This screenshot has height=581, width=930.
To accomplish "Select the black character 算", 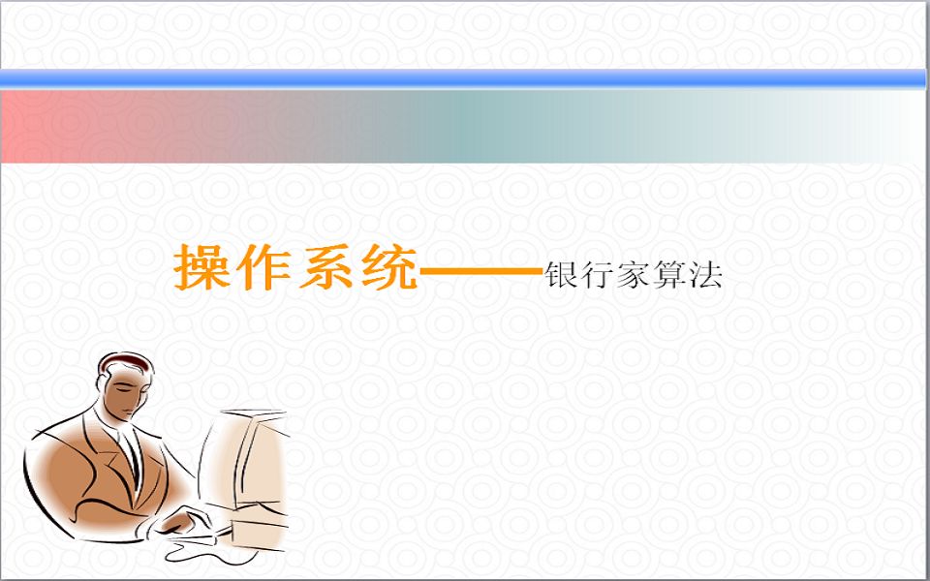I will pyautogui.click(x=670, y=276).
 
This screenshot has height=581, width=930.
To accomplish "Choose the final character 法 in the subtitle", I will pyautogui.click(x=706, y=276).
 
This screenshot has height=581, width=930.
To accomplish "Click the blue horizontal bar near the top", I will pyautogui.click(x=465, y=78).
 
